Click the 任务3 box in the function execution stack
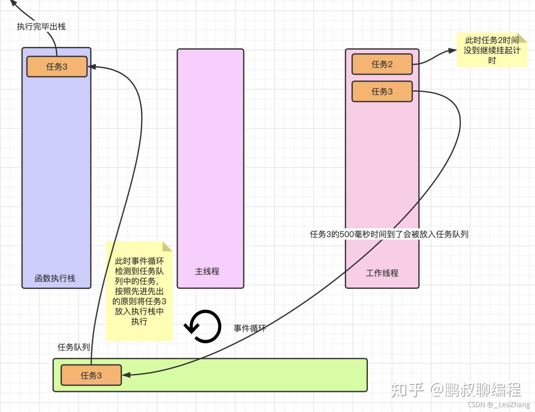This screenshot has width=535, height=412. click(57, 66)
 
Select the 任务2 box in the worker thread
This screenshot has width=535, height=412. click(382, 64)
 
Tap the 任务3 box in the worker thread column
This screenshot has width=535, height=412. click(382, 91)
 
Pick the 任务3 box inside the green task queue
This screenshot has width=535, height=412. click(91, 375)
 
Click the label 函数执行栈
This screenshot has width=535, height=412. click(55, 278)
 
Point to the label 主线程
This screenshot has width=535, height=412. click(207, 271)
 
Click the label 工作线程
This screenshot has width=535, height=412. click(382, 273)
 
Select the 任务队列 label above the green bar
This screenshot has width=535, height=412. click(73, 347)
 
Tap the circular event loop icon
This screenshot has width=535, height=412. click(203, 326)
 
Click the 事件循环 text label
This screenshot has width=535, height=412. click(250, 328)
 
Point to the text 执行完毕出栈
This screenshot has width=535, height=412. click(41, 27)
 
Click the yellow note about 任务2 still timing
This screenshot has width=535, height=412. click(492, 50)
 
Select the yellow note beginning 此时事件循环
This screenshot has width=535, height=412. click(139, 291)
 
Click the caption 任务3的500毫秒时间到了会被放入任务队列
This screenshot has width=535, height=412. click(389, 234)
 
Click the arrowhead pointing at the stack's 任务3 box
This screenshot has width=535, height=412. click(92, 66)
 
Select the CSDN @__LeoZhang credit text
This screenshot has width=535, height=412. click(499, 405)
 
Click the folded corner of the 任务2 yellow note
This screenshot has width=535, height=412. click(522, 37)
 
